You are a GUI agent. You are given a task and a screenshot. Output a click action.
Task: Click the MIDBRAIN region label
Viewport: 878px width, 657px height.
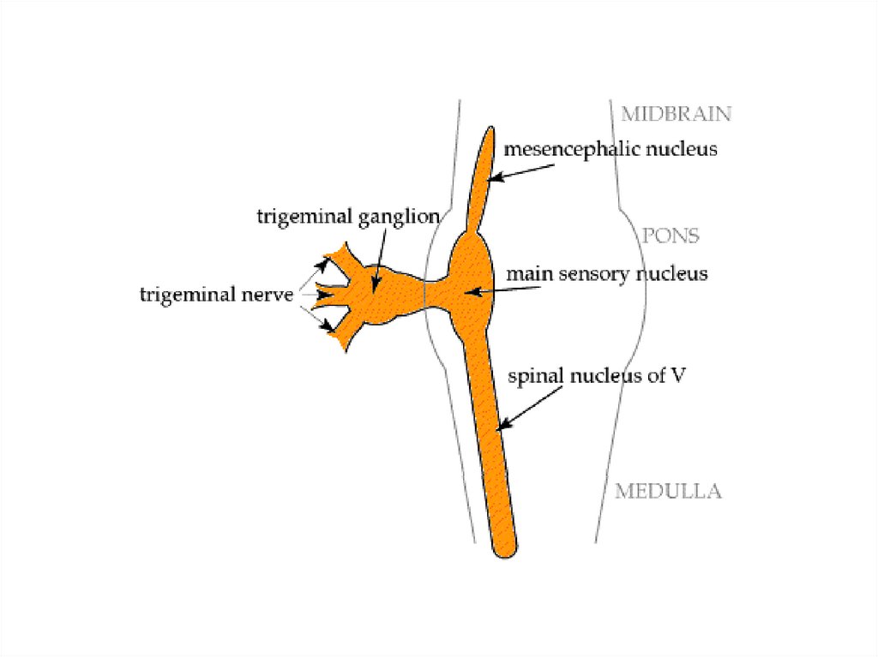point(676,114)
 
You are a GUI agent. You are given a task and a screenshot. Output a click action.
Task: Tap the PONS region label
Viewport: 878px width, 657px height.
point(671,236)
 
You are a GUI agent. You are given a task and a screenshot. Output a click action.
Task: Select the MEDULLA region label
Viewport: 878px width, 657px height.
point(668,492)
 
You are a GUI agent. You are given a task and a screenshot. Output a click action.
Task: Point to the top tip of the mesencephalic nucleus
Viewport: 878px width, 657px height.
point(490,130)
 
